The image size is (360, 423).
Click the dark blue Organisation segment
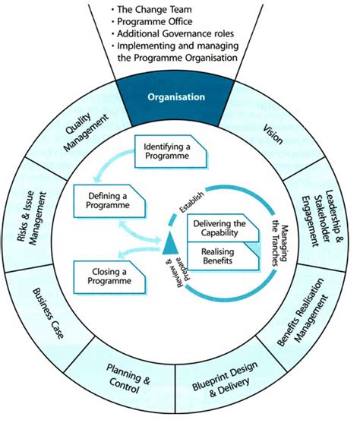(x=176, y=98)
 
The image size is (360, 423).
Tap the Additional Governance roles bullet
(x=177, y=34)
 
